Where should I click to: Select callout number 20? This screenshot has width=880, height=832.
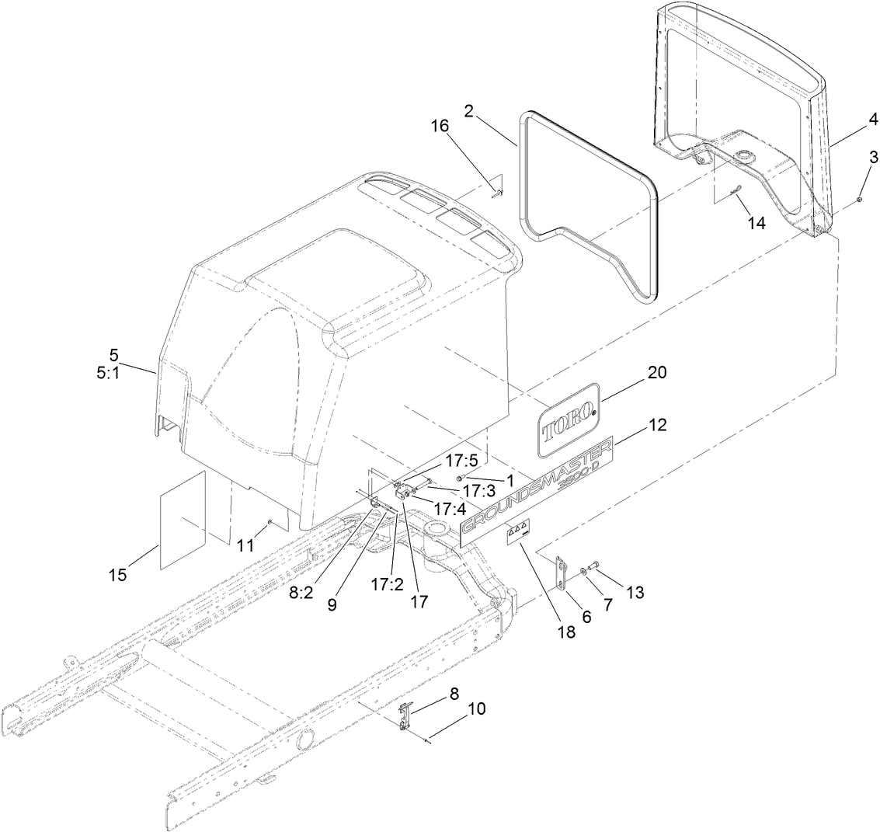[657, 373]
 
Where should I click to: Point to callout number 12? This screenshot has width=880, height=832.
[656, 425]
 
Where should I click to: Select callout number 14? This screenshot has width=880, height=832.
[756, 224]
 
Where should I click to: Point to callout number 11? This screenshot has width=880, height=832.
[245, 545]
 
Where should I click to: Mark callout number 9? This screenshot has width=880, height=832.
[332, 604]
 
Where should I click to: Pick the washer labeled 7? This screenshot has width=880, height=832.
[583, 573]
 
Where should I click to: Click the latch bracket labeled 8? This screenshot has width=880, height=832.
[405, 716]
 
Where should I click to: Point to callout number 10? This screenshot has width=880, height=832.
[475, 708]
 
